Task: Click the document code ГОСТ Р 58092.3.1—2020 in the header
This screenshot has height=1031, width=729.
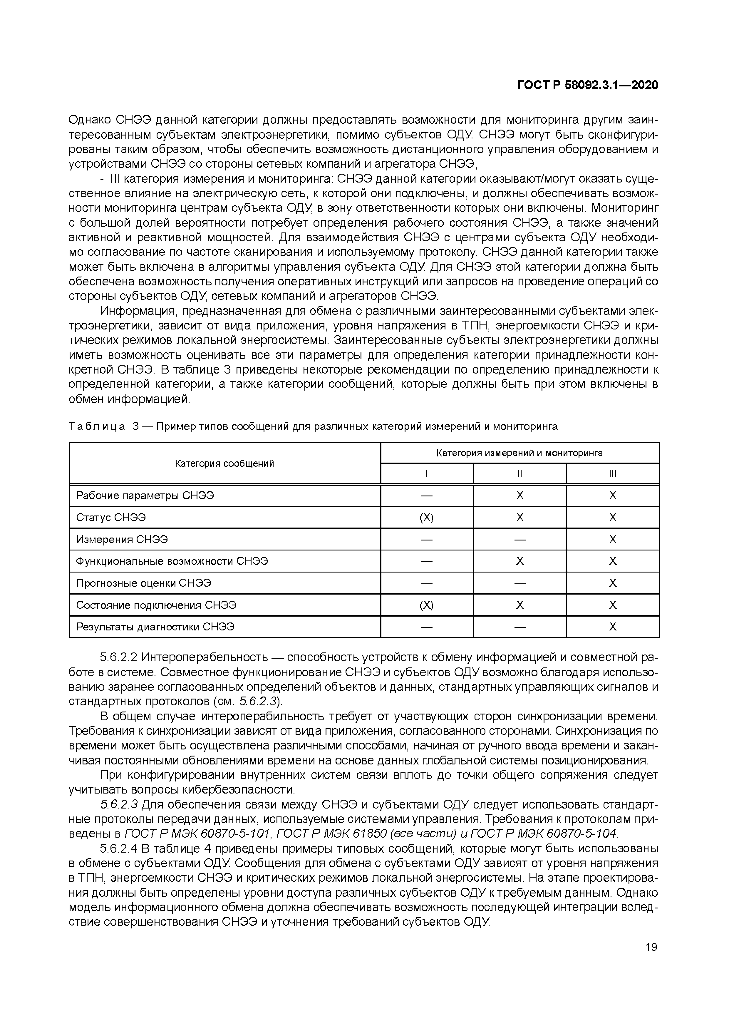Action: [588, 85]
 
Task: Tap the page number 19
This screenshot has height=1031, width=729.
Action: [651, 947]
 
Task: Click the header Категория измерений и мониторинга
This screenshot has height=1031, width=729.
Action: [519, 453]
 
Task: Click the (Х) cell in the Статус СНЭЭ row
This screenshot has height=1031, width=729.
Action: [426, 517]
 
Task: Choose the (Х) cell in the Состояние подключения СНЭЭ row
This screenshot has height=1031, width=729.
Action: [426, 605]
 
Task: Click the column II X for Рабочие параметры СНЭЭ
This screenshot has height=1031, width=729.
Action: [519, 495]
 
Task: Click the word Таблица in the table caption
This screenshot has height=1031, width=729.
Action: [96, 426]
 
